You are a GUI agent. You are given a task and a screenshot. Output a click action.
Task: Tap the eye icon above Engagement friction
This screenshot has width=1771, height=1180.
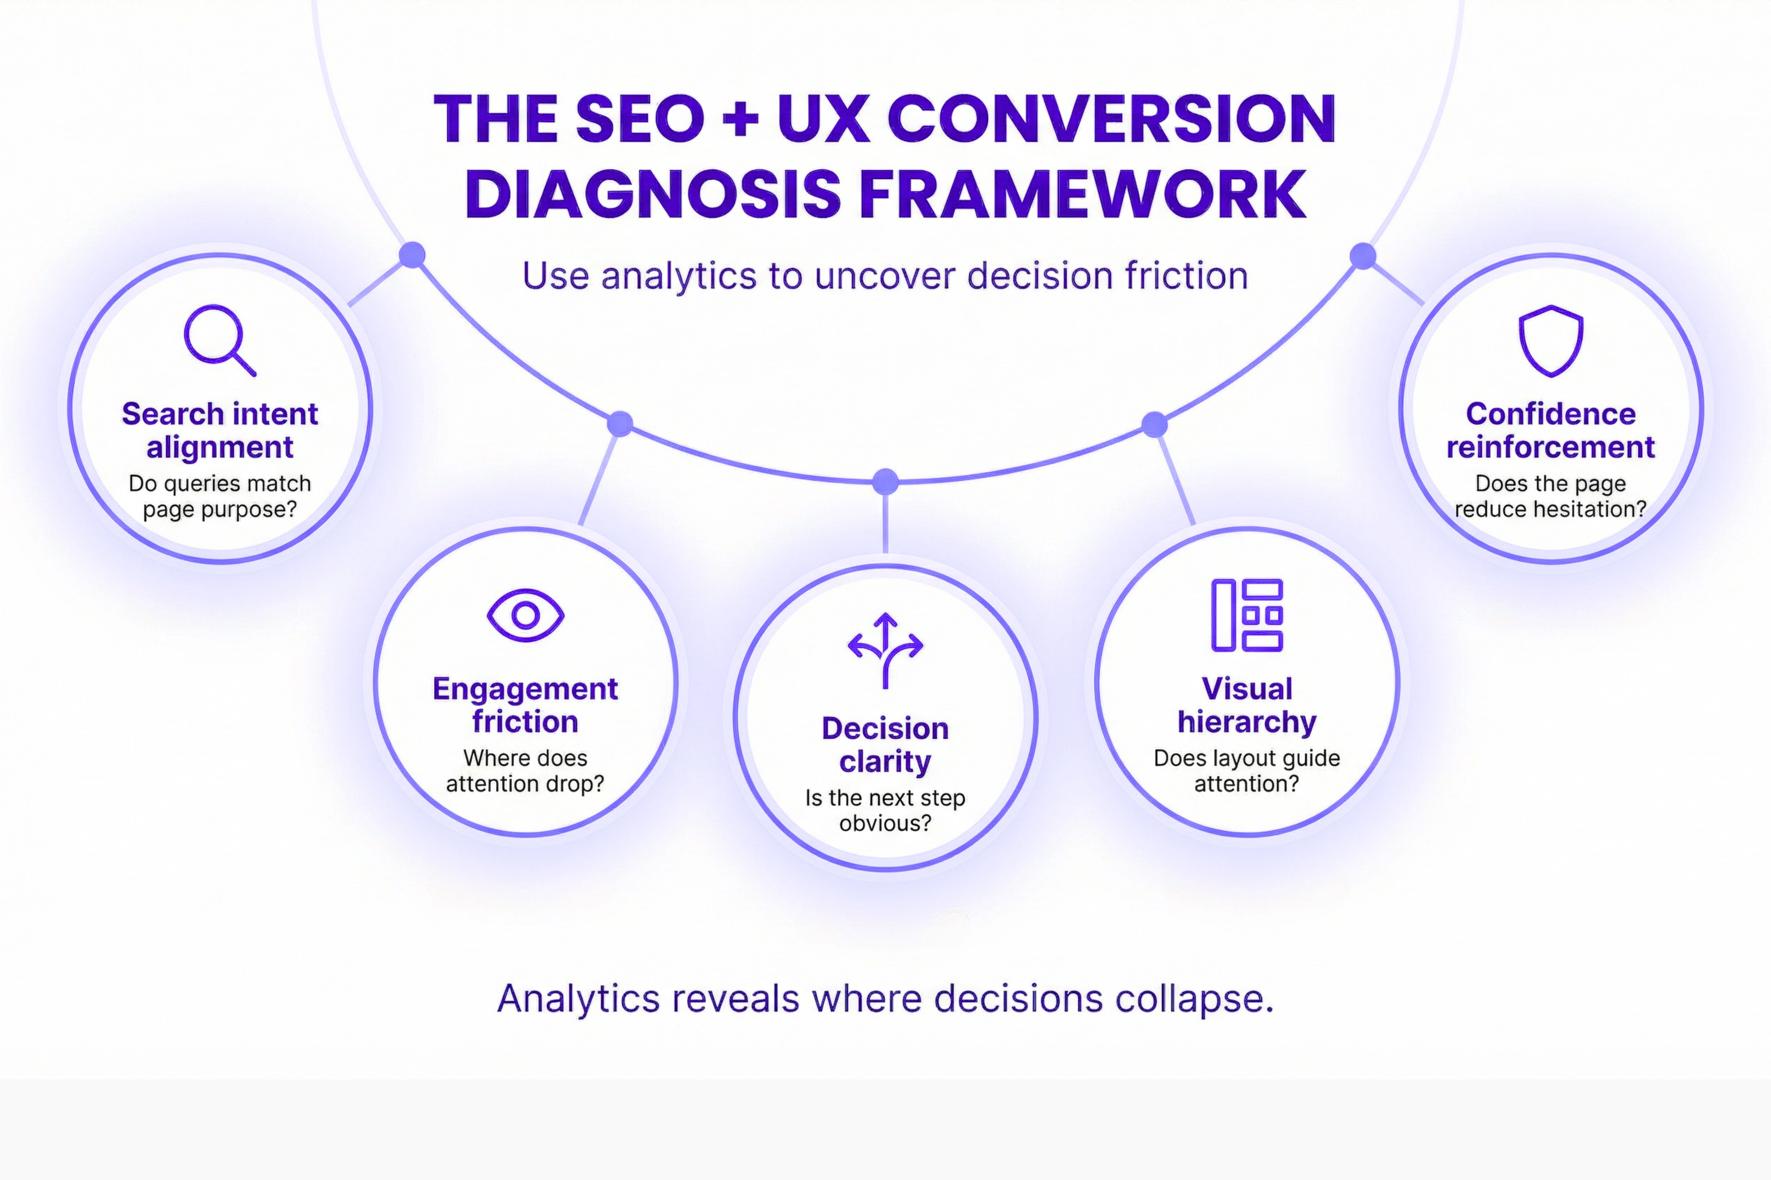tap(525, 615)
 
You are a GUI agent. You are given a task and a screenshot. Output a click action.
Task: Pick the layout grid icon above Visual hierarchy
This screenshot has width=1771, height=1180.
tap(1246, 615)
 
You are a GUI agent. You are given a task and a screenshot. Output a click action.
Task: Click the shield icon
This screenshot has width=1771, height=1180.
tap(1550, 340)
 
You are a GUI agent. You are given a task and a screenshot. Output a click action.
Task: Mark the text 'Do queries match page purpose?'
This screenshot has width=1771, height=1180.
tap(220, 496)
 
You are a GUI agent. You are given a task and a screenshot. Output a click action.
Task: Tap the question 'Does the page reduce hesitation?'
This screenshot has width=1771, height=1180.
tap(1550, 496)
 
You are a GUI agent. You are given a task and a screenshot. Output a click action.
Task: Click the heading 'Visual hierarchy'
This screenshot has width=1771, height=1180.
tap(1246, 705)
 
